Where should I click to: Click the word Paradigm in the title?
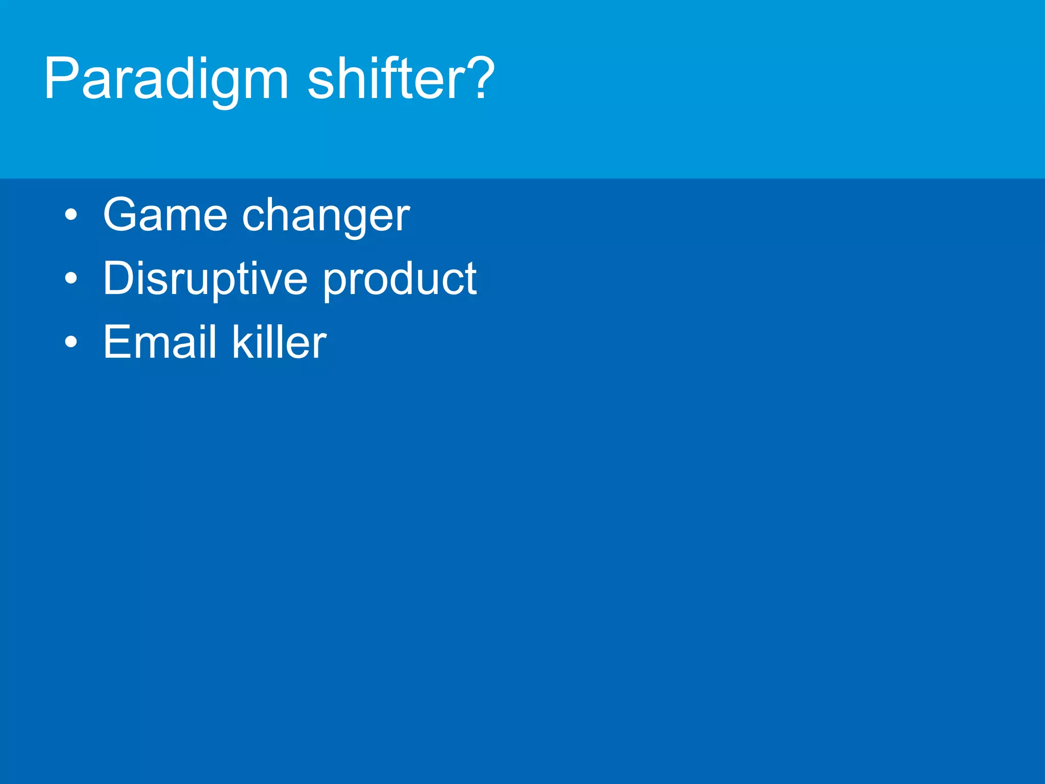pos(166,80)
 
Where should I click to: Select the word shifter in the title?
pos(388,80)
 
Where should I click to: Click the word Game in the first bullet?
pos(165,215)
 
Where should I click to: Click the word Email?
pos(160,342)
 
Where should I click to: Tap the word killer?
pos(279,342)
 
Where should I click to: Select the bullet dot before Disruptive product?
pos(71,279)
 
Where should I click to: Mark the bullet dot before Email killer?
pos(71,342)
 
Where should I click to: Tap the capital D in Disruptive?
pos(118,278)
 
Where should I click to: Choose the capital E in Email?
pos(116,342)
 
